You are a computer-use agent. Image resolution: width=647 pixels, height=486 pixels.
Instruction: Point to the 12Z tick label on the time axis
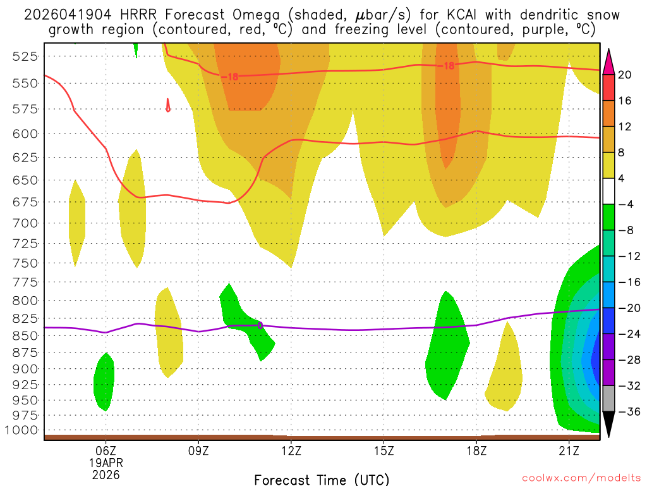(291, 451)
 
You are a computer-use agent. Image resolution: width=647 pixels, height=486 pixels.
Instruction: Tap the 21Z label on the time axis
(569, 451)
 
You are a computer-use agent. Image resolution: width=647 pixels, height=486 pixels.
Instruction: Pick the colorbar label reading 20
(625, 75)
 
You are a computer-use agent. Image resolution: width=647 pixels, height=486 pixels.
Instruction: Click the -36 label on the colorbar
(627, 412)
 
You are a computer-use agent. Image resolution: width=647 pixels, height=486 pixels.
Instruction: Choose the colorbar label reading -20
(627, 308)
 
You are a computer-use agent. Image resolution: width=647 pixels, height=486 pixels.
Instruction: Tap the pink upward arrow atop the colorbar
(610, 61)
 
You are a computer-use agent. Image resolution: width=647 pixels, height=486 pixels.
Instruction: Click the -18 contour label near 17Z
(448, 65)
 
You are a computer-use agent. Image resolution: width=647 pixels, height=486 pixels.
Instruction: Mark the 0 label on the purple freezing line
(260, 325)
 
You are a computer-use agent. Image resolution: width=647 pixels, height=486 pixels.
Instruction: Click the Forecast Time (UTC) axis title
(322, 479)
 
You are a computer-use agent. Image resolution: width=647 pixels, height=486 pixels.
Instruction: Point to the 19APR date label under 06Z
(106, 462)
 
